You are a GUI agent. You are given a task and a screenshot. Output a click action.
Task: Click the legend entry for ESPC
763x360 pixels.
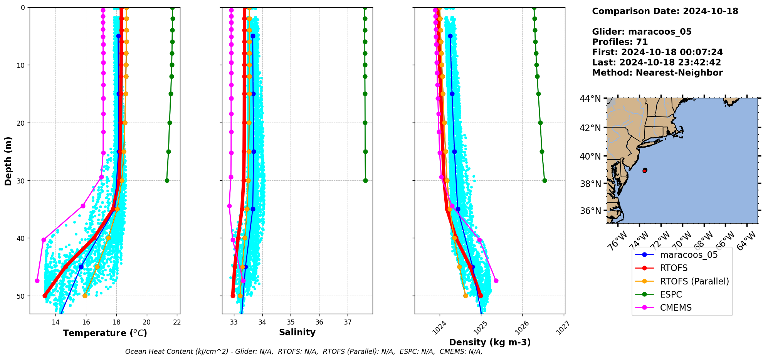(x=671, y=294)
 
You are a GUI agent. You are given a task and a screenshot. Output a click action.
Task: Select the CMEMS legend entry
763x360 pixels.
(x=676, y=308)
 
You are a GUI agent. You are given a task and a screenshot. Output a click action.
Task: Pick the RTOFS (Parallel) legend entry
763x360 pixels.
(x=694, y=281)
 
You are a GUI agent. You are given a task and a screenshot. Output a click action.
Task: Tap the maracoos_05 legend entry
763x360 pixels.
(x=689, y=255)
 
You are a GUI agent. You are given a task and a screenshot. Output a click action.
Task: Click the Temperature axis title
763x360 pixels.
(x=105, y=333)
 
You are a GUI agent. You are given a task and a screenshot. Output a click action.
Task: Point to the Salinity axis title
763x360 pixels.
(x=297, y=332)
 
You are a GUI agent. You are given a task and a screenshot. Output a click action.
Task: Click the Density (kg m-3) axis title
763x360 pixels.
(x=490, y=342)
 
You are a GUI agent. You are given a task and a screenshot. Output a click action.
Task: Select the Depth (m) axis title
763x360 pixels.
(x=8, y=161)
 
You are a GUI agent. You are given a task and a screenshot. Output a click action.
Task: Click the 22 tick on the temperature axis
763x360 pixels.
(x=177, y=322)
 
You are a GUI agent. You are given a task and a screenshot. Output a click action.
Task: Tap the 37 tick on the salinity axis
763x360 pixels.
(x=348, y=322)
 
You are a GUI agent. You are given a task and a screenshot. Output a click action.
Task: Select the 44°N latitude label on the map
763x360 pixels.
(x=590, y=99)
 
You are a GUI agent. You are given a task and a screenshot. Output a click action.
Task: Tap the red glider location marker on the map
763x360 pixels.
(x=645, y=170)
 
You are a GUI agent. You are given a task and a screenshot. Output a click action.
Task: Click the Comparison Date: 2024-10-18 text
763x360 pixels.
(x=665, y=11)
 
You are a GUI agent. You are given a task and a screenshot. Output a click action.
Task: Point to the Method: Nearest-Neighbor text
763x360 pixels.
(x=657, y=73)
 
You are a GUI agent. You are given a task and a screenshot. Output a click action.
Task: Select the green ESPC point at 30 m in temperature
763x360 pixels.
(x=167, y=180)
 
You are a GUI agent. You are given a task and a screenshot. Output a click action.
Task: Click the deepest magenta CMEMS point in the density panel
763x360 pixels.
(x=496, y=281)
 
